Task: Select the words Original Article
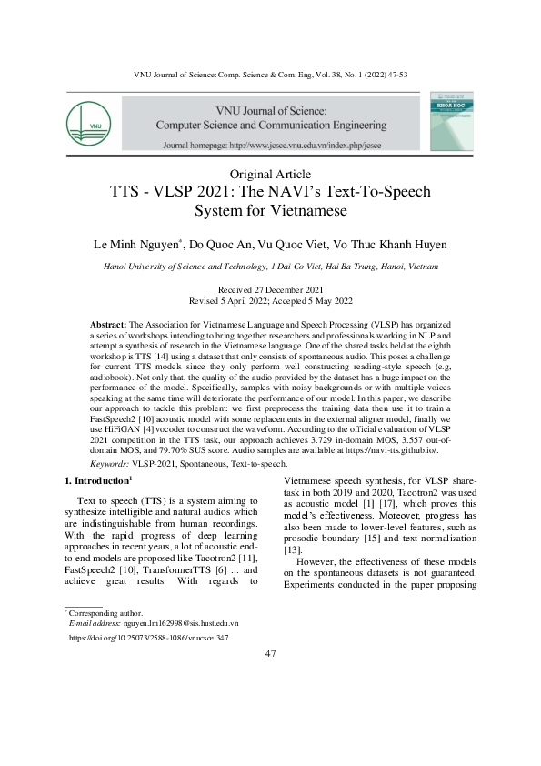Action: click(270, 174)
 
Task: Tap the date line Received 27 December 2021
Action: click(270, 288)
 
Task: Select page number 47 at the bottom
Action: click(270, 655)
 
